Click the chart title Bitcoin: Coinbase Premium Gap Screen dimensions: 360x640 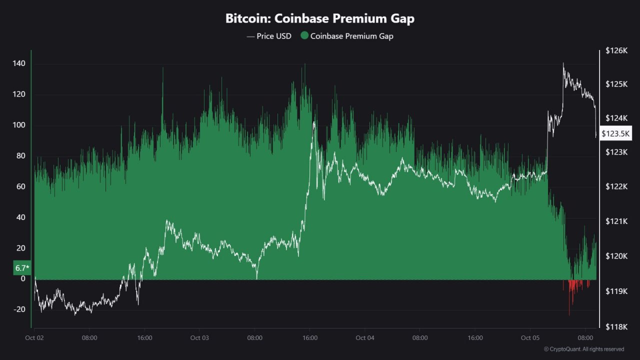pos(320,19)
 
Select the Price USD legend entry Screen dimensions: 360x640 pos(269,36)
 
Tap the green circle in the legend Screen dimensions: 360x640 pos(304,36)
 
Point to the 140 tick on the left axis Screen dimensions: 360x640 pos(19,64)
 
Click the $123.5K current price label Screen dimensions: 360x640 pos(616,133)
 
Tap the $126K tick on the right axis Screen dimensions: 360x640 pos(616,50)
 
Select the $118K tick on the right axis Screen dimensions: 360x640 pos(616,327)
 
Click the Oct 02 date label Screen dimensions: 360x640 pos(34,338)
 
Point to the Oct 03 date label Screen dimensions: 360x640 pos(199,338)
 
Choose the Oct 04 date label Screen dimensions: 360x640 pos(364,338)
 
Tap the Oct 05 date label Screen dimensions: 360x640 pos(529,338)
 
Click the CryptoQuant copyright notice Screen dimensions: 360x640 pos(583,349)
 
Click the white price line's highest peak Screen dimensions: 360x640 pos(563,63)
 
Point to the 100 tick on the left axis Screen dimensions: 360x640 pos(19,125)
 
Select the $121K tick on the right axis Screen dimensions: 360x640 pos(616,221)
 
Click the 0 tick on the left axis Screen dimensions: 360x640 pos(23,279)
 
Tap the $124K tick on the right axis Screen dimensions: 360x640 pos(616,118)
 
